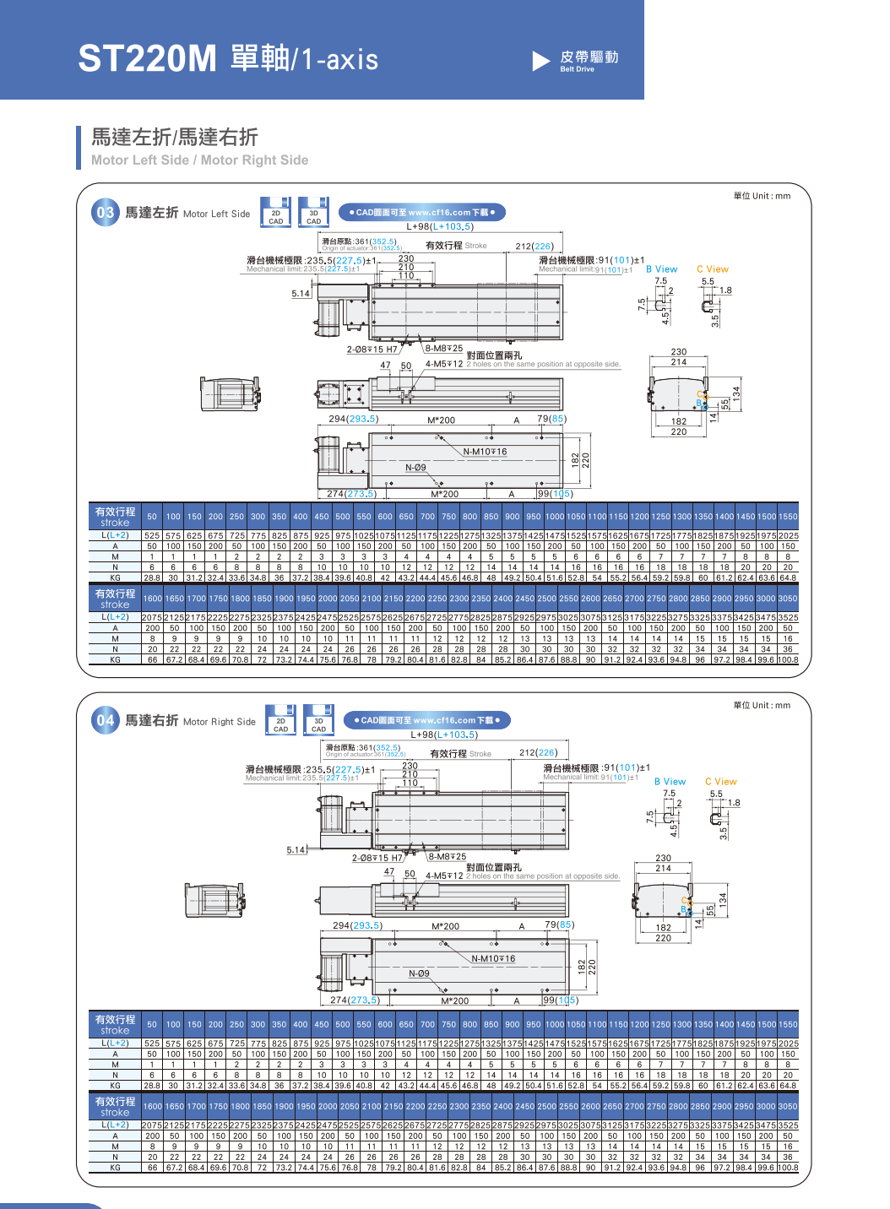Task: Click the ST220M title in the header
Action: (148, 59)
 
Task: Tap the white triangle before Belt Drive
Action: (541, 61)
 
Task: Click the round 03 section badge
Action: (105, 213)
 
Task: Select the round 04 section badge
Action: (105, 721)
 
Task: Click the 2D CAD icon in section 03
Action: (276, 213)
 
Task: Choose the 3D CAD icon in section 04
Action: (318, 720)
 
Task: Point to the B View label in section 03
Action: (661, 269)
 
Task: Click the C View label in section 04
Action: (720, 782)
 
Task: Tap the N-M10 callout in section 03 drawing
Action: (485, 452)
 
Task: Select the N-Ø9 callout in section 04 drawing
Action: (419, 973)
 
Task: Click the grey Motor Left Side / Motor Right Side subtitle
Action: (199, 160)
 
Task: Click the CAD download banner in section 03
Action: (421, 213)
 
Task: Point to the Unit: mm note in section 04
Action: (762, 706)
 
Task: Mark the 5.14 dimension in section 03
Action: (301, 294)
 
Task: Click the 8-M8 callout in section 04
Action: (448, 857)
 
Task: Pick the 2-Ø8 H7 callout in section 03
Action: (372, 350)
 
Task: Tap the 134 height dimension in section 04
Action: (723, 900)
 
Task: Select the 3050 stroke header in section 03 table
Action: (787, 599)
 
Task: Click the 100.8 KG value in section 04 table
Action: (787, 1168)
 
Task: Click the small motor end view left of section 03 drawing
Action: (230, 393)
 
